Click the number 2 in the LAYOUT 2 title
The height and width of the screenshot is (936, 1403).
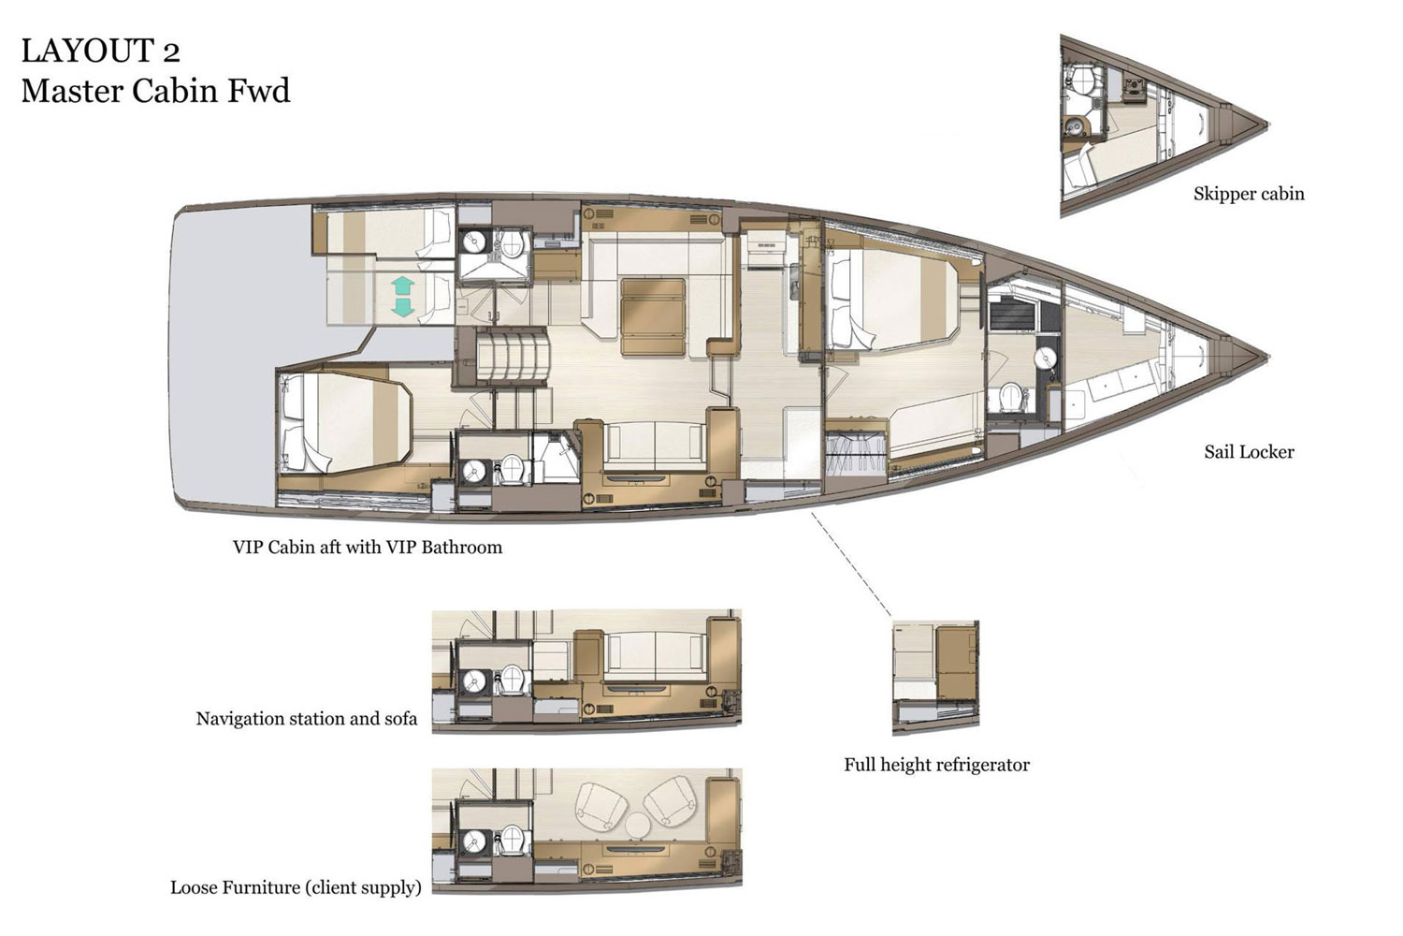tap(168, 51)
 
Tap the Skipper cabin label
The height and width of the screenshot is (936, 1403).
tap(1248, 194)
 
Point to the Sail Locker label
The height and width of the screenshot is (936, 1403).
tap(1249, 452)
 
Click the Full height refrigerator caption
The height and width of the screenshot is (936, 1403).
tap(936, 765)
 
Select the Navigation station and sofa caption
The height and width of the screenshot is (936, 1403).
tap(306, 719)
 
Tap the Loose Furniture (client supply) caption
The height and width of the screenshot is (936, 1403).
tap(296, 887)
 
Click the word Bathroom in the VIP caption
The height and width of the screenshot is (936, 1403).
tap(461, 548)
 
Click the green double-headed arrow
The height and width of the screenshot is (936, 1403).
tap(402, 296)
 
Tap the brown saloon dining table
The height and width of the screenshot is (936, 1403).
tap(654, 315)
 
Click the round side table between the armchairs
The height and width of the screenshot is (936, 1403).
tap(638, 825)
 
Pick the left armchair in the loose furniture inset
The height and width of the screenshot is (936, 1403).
tap(600, 803)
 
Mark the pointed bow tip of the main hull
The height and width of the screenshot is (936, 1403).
tap(1266, 357)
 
